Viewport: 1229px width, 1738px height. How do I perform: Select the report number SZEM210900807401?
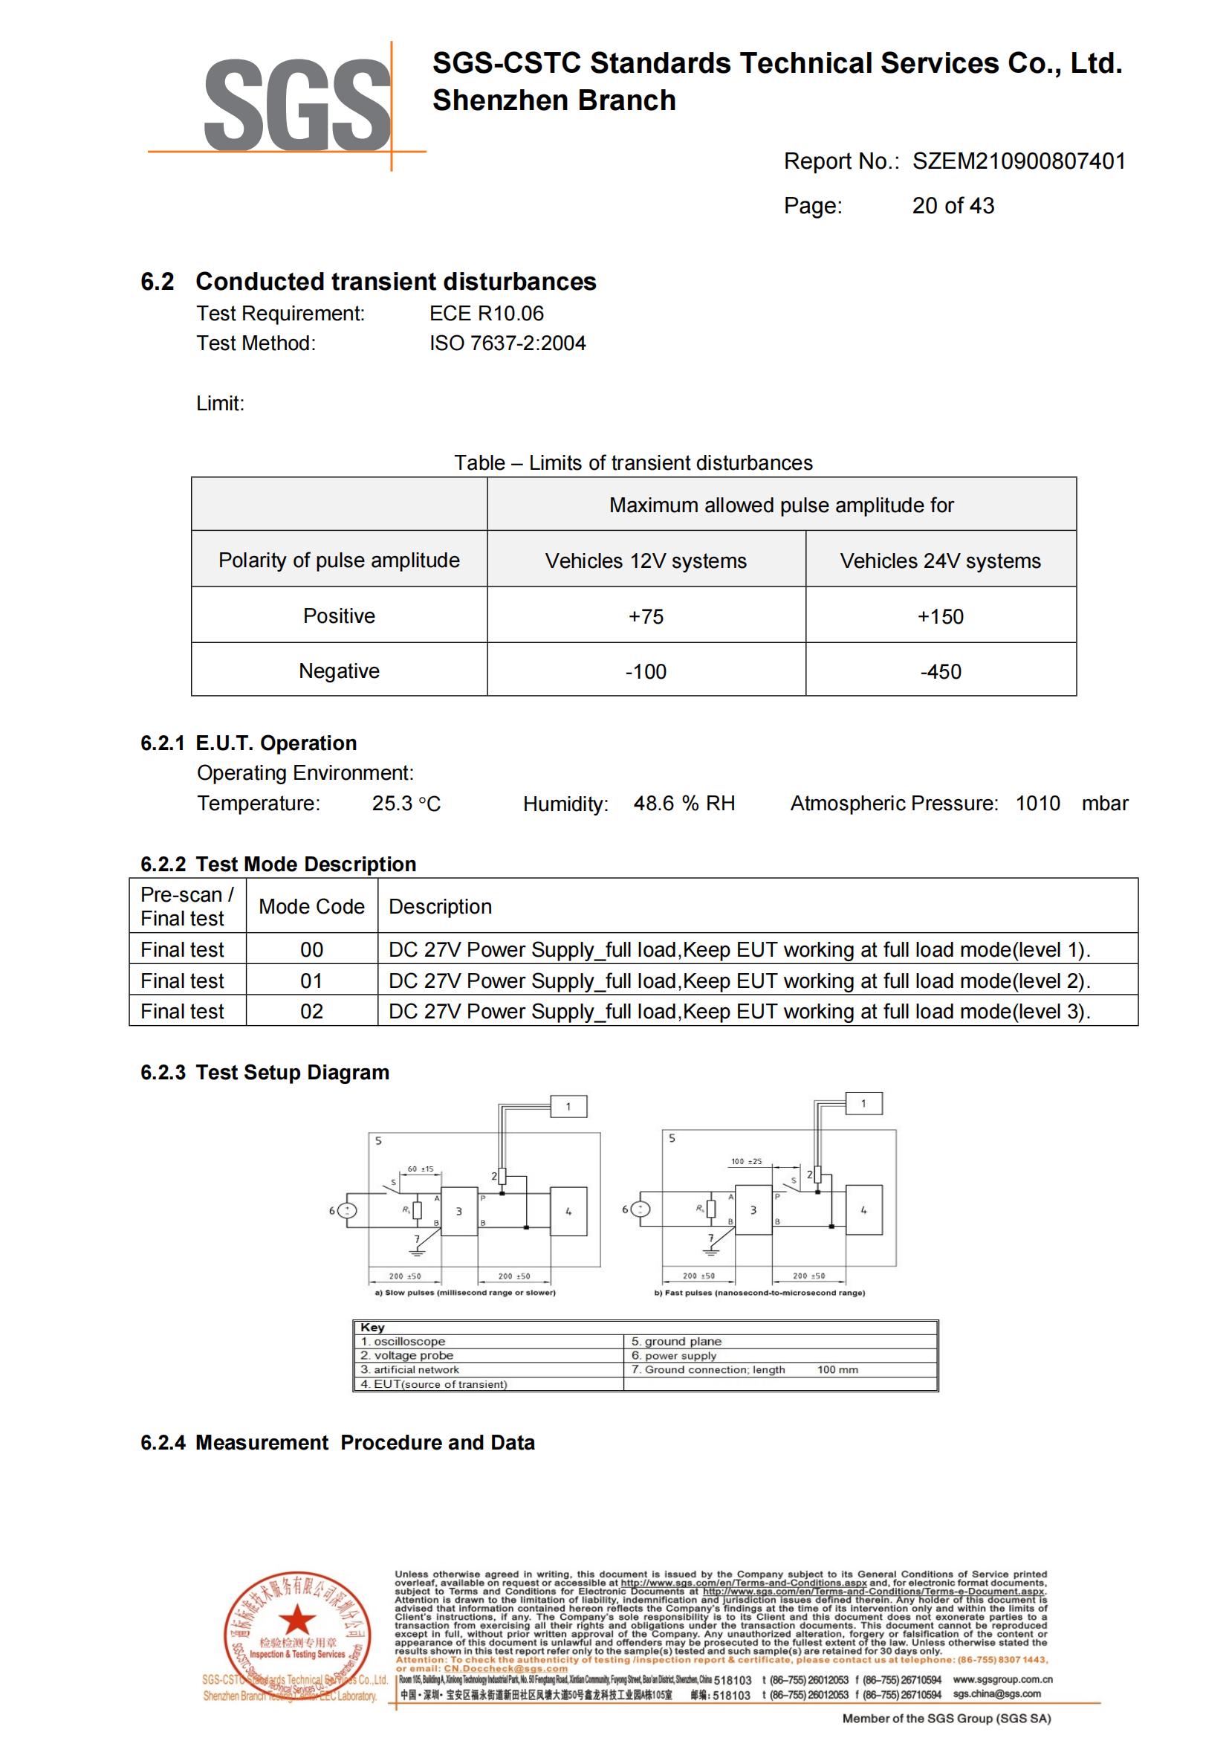point(1019,161)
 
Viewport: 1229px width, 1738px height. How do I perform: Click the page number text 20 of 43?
point(953,206)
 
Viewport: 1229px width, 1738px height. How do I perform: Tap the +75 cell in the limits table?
point(646,616)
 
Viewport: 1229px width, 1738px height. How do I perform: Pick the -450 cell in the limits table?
point(940,671)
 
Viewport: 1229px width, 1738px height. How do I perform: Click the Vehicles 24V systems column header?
point(940,561)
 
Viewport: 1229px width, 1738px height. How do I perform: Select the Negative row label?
point(339,671)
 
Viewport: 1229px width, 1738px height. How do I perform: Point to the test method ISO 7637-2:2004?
point(508,343)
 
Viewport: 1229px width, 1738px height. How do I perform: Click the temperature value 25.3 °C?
point(406,804)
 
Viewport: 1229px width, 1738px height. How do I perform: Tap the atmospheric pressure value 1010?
point(1037,803)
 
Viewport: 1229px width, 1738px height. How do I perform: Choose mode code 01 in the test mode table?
point(311,981)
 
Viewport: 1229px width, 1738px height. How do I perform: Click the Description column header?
point(440,907)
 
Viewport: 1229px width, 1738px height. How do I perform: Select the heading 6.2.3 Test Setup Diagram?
point(265,1073)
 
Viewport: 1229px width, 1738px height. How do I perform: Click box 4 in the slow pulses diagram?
point(568,1212)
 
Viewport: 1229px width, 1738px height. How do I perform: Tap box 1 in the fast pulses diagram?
point(863,1104)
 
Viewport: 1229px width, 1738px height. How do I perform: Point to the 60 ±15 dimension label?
point(421,1169)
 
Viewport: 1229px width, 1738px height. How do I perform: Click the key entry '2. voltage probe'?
point(407,1356)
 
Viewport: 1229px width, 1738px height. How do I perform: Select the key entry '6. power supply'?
point(673,1356)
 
